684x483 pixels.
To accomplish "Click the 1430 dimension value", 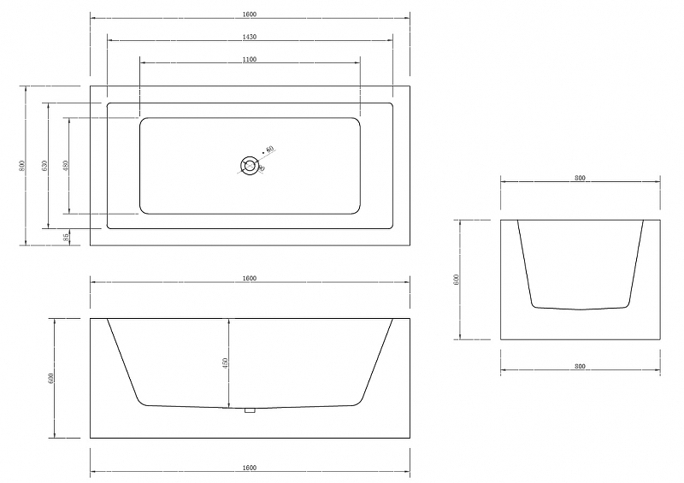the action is (x=250, y=37).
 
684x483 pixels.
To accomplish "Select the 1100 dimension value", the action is (x=250, y=60).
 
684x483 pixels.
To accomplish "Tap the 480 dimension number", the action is (x=66, y=165).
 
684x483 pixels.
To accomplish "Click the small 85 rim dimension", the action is (x=67, y=237).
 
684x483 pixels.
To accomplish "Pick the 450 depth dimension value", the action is (x=225, y=362).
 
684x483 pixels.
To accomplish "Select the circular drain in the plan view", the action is (x=250, y=165).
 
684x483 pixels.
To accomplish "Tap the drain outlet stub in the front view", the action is (x=250, y=411).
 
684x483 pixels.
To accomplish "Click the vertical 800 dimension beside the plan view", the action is (x=22, y=165).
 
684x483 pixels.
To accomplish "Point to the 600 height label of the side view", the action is (x=457, y=280).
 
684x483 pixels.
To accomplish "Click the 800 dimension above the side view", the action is (x=581, y=179).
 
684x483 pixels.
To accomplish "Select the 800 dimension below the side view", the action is (x=581, y=366).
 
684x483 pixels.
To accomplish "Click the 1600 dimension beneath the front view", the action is (x=250, y=468).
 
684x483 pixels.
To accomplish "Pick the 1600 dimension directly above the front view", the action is (x=250, y=278).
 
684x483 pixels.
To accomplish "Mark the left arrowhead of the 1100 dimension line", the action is (x=143, y=62).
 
